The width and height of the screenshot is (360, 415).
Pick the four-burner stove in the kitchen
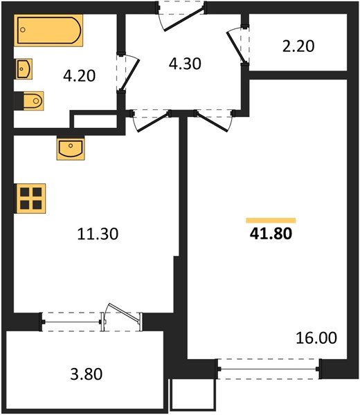click(30, 197)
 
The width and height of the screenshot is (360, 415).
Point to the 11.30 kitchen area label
click(98, 234)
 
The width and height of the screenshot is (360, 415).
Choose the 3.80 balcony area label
click(87, 375)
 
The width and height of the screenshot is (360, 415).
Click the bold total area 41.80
click(271, 234)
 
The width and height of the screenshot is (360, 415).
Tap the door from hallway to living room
click(211, 120)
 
